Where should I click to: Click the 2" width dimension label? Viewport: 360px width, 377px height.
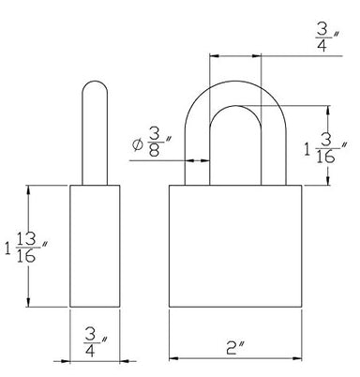pyautogui.click(x=235, y=347)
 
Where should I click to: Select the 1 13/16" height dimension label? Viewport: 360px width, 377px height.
pyautogui.click(x=25, y=248)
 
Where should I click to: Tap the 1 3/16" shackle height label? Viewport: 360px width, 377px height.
pyautogui.click(x=325, y=148)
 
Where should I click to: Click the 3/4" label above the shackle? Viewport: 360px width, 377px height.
pyautogui.click(x=327, y=37)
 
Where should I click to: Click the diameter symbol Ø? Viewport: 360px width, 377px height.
pyautogui.click(x=138, y=144)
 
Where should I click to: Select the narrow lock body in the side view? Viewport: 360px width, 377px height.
pyautogui.click(x=95, y=246)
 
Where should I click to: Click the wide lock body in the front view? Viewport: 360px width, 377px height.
pyautogui.click(x=235, y=246)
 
